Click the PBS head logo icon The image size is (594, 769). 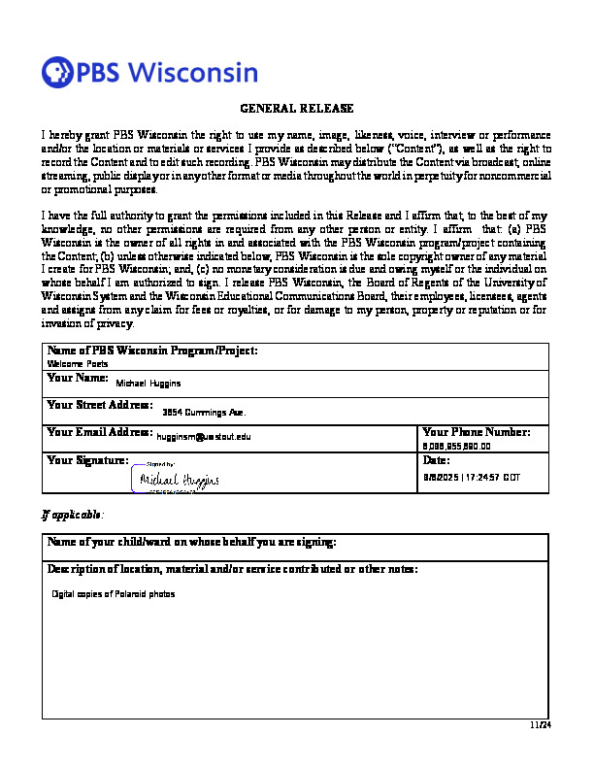[x=57, y=72]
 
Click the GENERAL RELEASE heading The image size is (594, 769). [x=296, y=108]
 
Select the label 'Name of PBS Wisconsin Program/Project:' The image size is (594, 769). [x=152, y=350]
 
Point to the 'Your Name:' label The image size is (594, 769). [x=77, y=377]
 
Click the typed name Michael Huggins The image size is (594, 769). [x=148, y=383]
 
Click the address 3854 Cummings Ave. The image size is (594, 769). [x=197, y=412]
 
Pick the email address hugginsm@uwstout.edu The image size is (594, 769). [x=203, y=437]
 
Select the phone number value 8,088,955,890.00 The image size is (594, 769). [x=457, y=446]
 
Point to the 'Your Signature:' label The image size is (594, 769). [x=87, y=459]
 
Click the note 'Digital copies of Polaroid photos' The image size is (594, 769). [x=113, y=593]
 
